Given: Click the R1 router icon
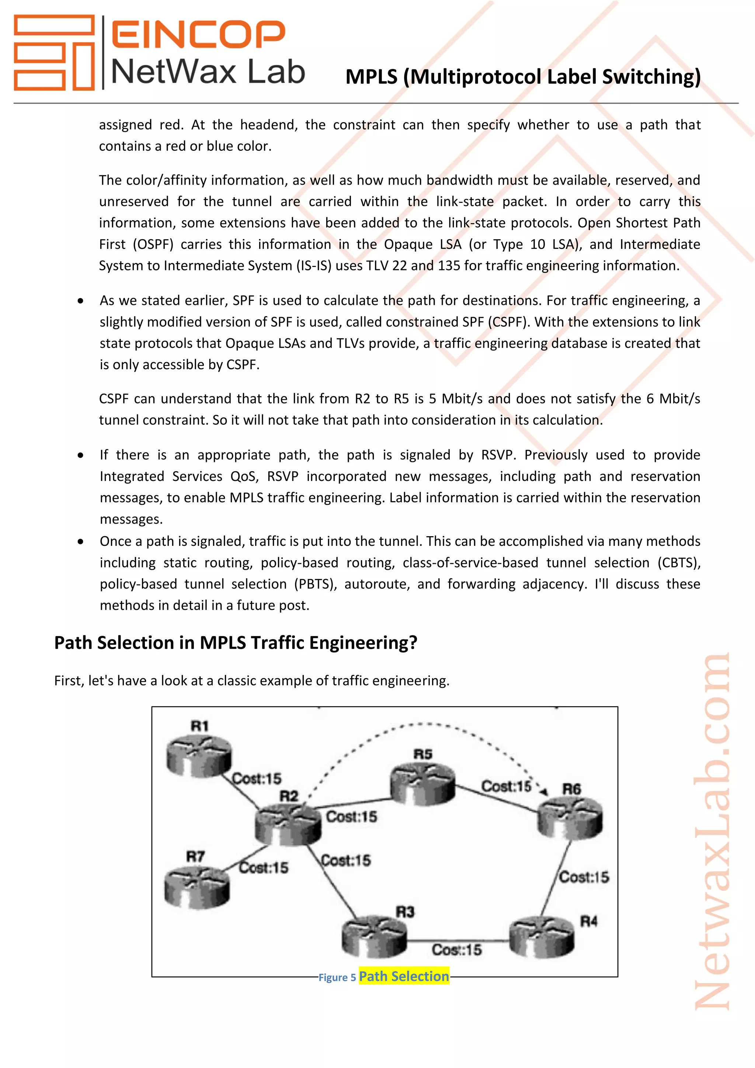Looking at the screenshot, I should [199, 757].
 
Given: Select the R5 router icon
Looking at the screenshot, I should [422, 784].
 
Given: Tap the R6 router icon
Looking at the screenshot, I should [570, 817].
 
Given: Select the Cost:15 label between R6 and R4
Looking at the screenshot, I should [584, 877].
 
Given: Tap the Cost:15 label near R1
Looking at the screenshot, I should [257, 778].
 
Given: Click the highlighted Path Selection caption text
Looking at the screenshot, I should [404, 977].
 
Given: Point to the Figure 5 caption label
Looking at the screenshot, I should [337, 978].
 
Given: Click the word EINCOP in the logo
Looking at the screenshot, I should [198, 34].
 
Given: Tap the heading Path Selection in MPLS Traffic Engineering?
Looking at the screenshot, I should [236, 643].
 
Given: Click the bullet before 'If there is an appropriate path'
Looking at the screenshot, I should [81, 455].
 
